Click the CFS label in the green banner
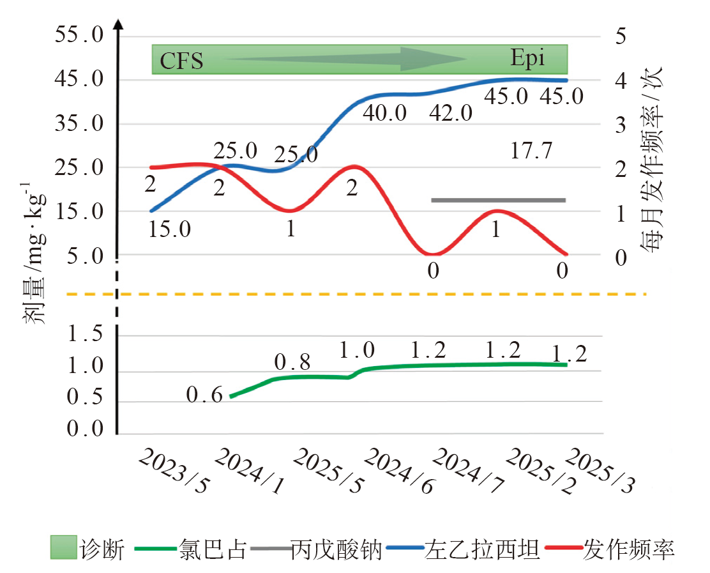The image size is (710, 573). (181, 61)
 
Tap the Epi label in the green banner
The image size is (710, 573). (528, 58)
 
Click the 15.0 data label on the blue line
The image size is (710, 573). (170, 229)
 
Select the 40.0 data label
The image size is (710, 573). (385, 113)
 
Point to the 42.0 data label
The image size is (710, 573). (451, 114)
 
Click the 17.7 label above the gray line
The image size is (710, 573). (531, 151)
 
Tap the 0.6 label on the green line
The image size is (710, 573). (204, 396)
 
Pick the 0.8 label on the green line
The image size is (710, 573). (292, 363)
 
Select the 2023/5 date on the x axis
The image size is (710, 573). (174, 471)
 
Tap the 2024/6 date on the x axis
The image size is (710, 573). (395, 471)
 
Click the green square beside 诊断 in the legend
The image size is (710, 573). (64, 549)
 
